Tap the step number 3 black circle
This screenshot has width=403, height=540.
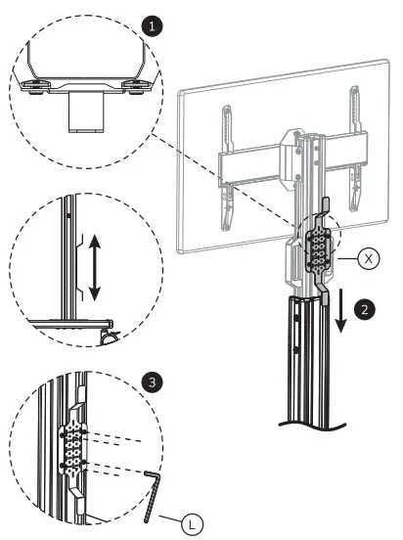[149, 380]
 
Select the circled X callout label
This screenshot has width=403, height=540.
[368, 259]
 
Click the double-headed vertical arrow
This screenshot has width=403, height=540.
[95, 265]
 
